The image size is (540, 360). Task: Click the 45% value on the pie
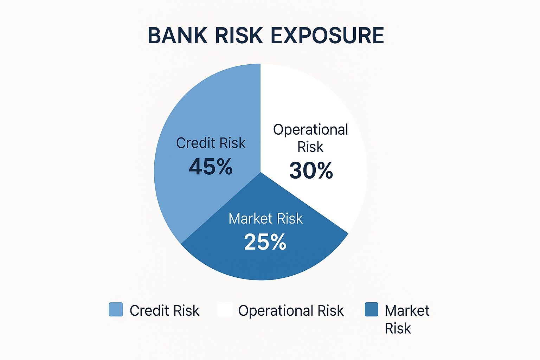[211, 167]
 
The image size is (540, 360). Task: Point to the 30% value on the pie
[311, 171]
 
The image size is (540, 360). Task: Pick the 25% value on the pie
[265, 242]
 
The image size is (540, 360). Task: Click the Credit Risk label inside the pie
[211, 143]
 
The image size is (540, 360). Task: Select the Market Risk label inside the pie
[265, 219]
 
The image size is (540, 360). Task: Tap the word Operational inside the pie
[310, 130]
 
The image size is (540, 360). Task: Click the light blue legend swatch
[116, 309]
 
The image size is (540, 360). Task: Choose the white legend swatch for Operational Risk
[225, 309]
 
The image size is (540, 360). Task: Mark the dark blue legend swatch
[372, 309]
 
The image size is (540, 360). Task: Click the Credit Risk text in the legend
[164, 310]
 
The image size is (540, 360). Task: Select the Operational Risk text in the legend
[291, 310]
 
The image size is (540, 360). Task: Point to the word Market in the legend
[407, 310]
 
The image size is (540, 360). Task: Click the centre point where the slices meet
[261, 172]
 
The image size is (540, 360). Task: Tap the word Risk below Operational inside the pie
[310, 147]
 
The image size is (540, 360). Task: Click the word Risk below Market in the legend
[398, 328]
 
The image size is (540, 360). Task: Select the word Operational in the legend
[276, 310]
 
